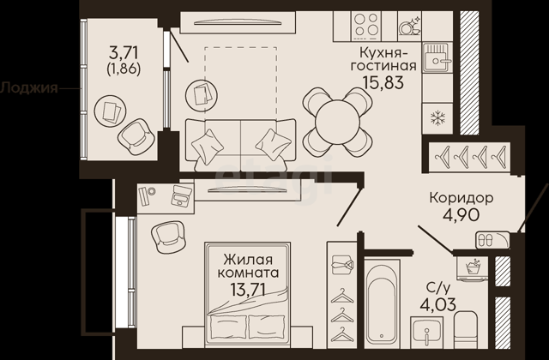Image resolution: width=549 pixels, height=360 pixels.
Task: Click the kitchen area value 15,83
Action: point(383,82)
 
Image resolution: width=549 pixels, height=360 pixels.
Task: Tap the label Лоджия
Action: point(28,87)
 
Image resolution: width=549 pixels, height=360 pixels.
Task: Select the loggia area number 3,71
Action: point(124,53)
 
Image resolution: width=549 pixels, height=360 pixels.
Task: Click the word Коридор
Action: point(462,198)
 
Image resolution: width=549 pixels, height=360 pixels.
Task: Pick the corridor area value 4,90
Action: point(462,214)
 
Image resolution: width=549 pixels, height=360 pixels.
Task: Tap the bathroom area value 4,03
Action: point(438,304)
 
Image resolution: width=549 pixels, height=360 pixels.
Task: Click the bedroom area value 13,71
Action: point(248,290)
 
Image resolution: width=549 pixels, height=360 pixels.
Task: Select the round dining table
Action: point(337,123)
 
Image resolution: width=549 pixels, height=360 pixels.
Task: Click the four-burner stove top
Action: point(366,24)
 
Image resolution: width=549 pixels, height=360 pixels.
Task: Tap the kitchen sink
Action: point(437,57)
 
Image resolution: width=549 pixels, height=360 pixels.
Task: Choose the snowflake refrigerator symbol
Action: point(437,118)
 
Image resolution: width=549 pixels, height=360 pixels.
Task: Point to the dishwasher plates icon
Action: point(410,26)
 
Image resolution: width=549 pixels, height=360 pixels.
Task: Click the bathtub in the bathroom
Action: point(382,303)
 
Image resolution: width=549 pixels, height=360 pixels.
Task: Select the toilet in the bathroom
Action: point(465,329)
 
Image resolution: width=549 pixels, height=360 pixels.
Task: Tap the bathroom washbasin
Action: point(427,333)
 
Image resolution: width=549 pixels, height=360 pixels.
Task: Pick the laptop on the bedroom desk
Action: point(181,195)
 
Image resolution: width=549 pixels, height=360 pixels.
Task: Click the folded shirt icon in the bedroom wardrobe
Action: point(341,264)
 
